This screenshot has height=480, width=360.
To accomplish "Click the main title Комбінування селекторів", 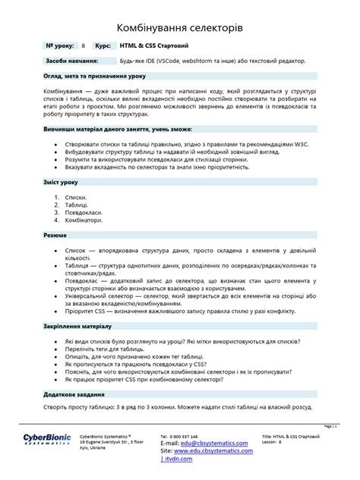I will click(x=179, y=27).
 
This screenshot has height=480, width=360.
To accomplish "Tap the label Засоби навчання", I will click(x=71, y=60).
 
